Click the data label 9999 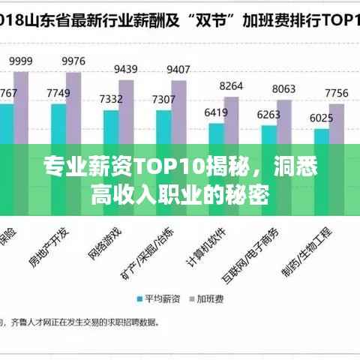(20, 61)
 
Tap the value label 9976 (73, 61)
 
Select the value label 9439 (125, 69)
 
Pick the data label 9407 (178, 70)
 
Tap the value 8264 (231, 85)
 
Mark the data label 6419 (216, 112)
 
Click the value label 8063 (283, 88)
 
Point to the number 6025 (321, 118)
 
